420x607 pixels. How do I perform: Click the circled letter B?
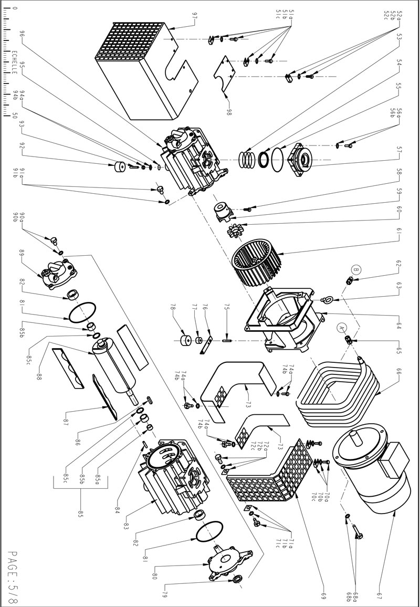pyautogui.click(x=356, y=270)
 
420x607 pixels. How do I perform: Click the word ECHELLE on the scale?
pyautogui.click(x=15, y=64)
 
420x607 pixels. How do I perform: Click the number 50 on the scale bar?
pyautogui.click(x=15, y=116)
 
